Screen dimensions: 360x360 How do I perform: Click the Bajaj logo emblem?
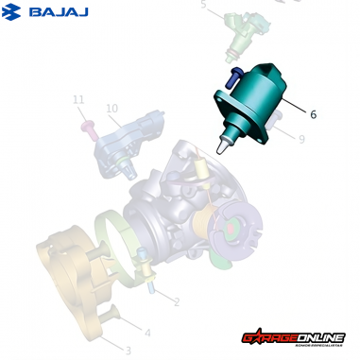tap(14, 12)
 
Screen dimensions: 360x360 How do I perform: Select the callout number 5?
tap(202, 6)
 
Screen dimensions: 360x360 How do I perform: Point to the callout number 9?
tap(300, 139)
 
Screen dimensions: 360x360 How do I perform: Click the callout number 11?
tap(79, 100)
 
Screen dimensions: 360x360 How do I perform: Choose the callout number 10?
tap(111, 110)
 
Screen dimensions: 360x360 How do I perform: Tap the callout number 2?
tap(176, 301)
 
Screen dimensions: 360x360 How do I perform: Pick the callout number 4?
tap(146, 332)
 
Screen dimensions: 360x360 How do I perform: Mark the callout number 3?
tap(128, 351)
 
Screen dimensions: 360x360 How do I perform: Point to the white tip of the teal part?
tap(223, 147)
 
